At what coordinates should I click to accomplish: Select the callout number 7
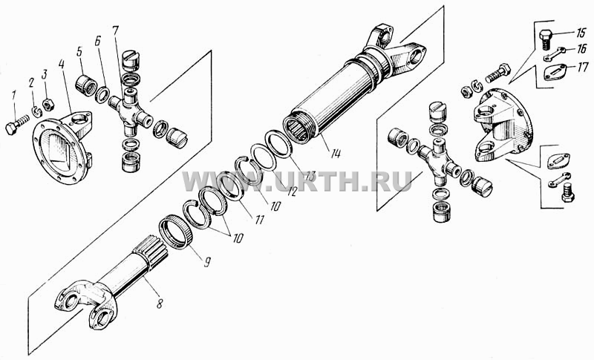(116, 30)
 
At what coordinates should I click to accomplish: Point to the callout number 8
(160, 304)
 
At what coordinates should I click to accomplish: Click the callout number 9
(207, 262)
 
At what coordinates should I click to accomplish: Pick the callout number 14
(335, 154)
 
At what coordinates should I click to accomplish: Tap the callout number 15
(580, 33)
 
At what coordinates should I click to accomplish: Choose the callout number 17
(583, 68)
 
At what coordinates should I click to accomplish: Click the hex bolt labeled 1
(16, 125)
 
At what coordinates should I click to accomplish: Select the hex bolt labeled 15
(545, 39)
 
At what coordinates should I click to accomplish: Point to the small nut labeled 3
(48, 105)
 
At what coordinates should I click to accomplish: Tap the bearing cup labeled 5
(85, 85)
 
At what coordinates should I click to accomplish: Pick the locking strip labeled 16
(554, 53)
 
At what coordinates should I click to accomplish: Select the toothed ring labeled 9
(174, 232)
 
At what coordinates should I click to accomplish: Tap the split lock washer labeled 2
(36, 111)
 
